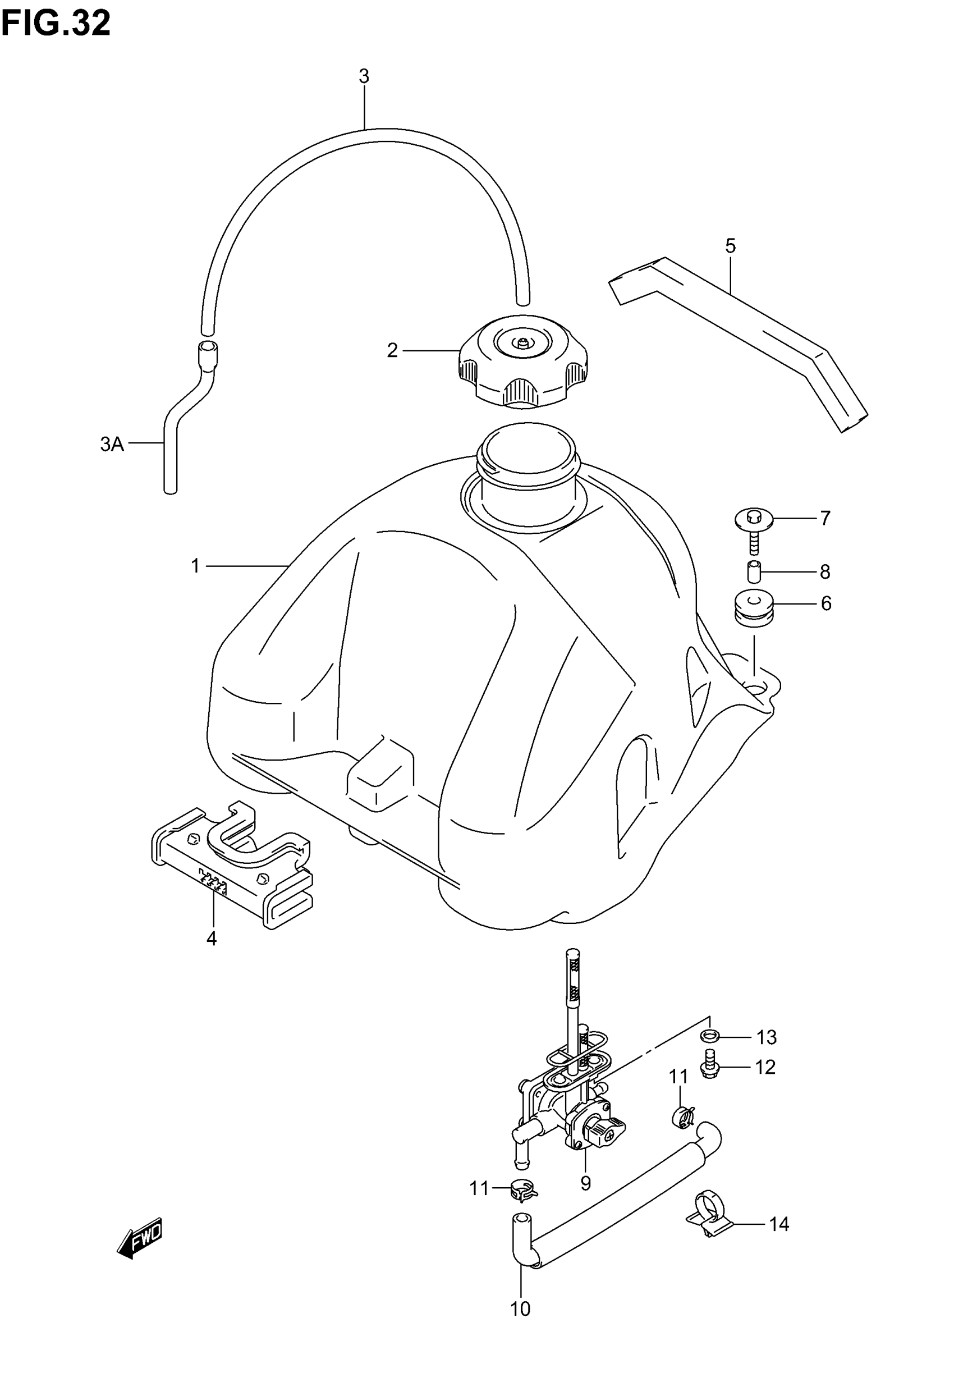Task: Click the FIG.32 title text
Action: (56, 24)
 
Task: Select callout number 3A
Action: (112, 443)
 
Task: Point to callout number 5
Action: (730, 246)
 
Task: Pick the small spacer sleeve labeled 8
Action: (754, 572)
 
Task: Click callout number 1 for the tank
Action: (195, 565)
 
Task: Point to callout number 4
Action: (211, 939)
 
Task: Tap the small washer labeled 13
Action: (708, 1035)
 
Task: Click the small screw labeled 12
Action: (710, 1068)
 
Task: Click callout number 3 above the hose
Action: (364, 76)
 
